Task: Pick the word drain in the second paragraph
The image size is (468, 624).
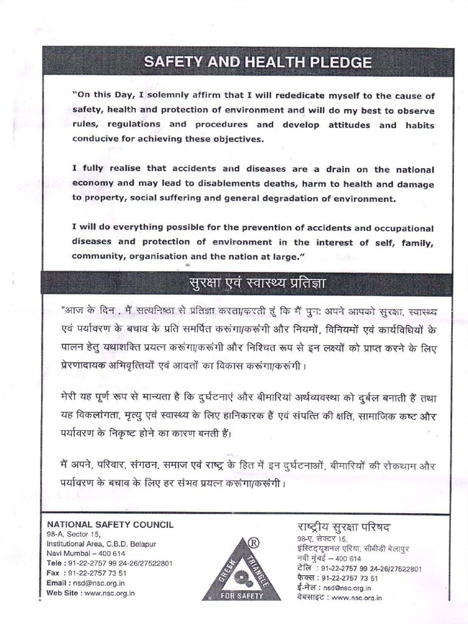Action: (336, 169)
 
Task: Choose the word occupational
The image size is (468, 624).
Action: (403, 228)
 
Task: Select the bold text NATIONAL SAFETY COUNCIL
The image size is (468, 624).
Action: (110, 524)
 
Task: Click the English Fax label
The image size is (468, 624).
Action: (54, 573)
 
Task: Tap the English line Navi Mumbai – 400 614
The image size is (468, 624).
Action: (86, 553)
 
